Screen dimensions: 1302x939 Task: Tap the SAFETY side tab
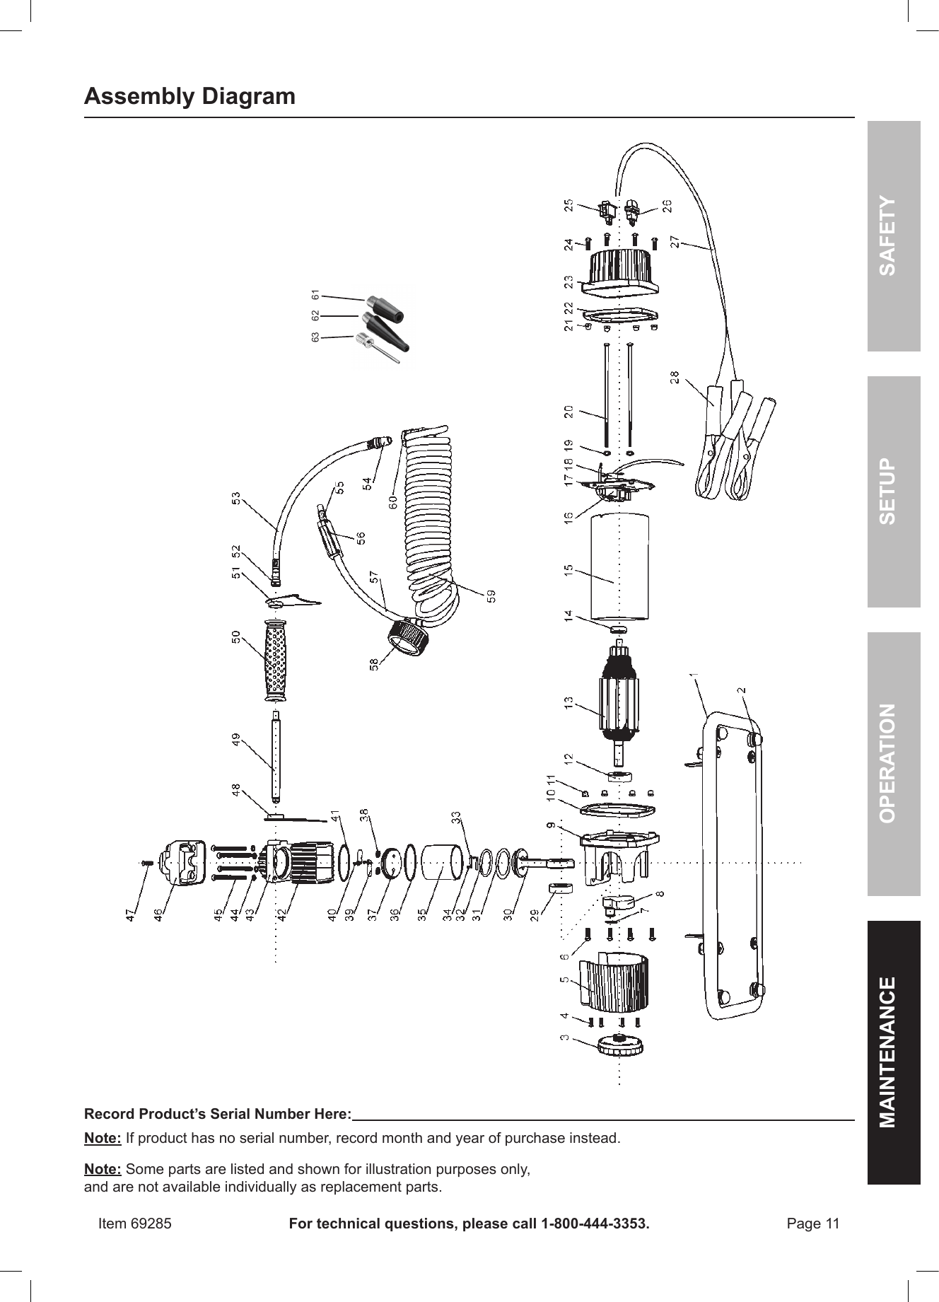click(894, 236)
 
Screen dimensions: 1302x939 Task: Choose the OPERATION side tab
click(894, 763)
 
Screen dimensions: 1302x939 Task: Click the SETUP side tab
click(894, 492)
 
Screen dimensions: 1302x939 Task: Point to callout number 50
click(236, 637)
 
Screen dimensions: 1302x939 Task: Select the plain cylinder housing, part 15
click(620, 568)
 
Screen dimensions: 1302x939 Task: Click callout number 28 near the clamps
click(675, 378)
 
